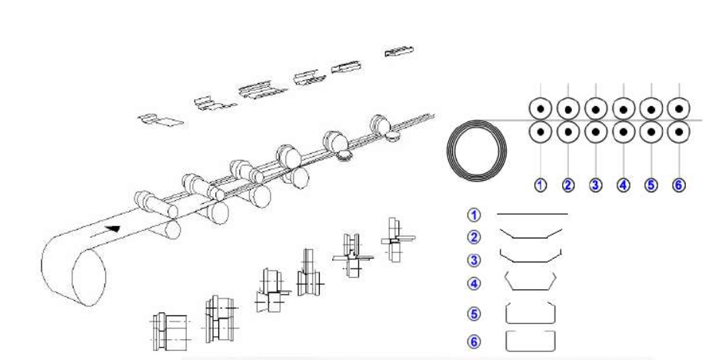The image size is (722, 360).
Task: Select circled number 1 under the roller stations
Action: (x=540, y=185)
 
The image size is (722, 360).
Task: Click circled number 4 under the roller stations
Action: (x=623, y=185)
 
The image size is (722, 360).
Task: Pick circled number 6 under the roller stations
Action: (x=679, y=185)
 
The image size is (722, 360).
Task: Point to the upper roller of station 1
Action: (x=541, y=109)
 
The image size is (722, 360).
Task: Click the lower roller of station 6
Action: (x=679, y=132)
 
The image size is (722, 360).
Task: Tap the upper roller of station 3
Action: (x=596, y=109)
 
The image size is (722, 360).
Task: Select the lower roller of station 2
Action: (x=568, y=132)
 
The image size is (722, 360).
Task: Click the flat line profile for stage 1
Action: (x=532, y=214)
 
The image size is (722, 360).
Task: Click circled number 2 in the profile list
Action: (x=474, y=238)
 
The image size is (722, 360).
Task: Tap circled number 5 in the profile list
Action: (x=474, y=315)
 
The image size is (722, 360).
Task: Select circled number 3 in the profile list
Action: (x=474, y=260)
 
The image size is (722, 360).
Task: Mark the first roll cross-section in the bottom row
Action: (x=170, y=332)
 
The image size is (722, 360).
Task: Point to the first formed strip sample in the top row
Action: (x=161, y=120)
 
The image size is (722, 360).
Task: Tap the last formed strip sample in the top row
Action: (x=399, y=52)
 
